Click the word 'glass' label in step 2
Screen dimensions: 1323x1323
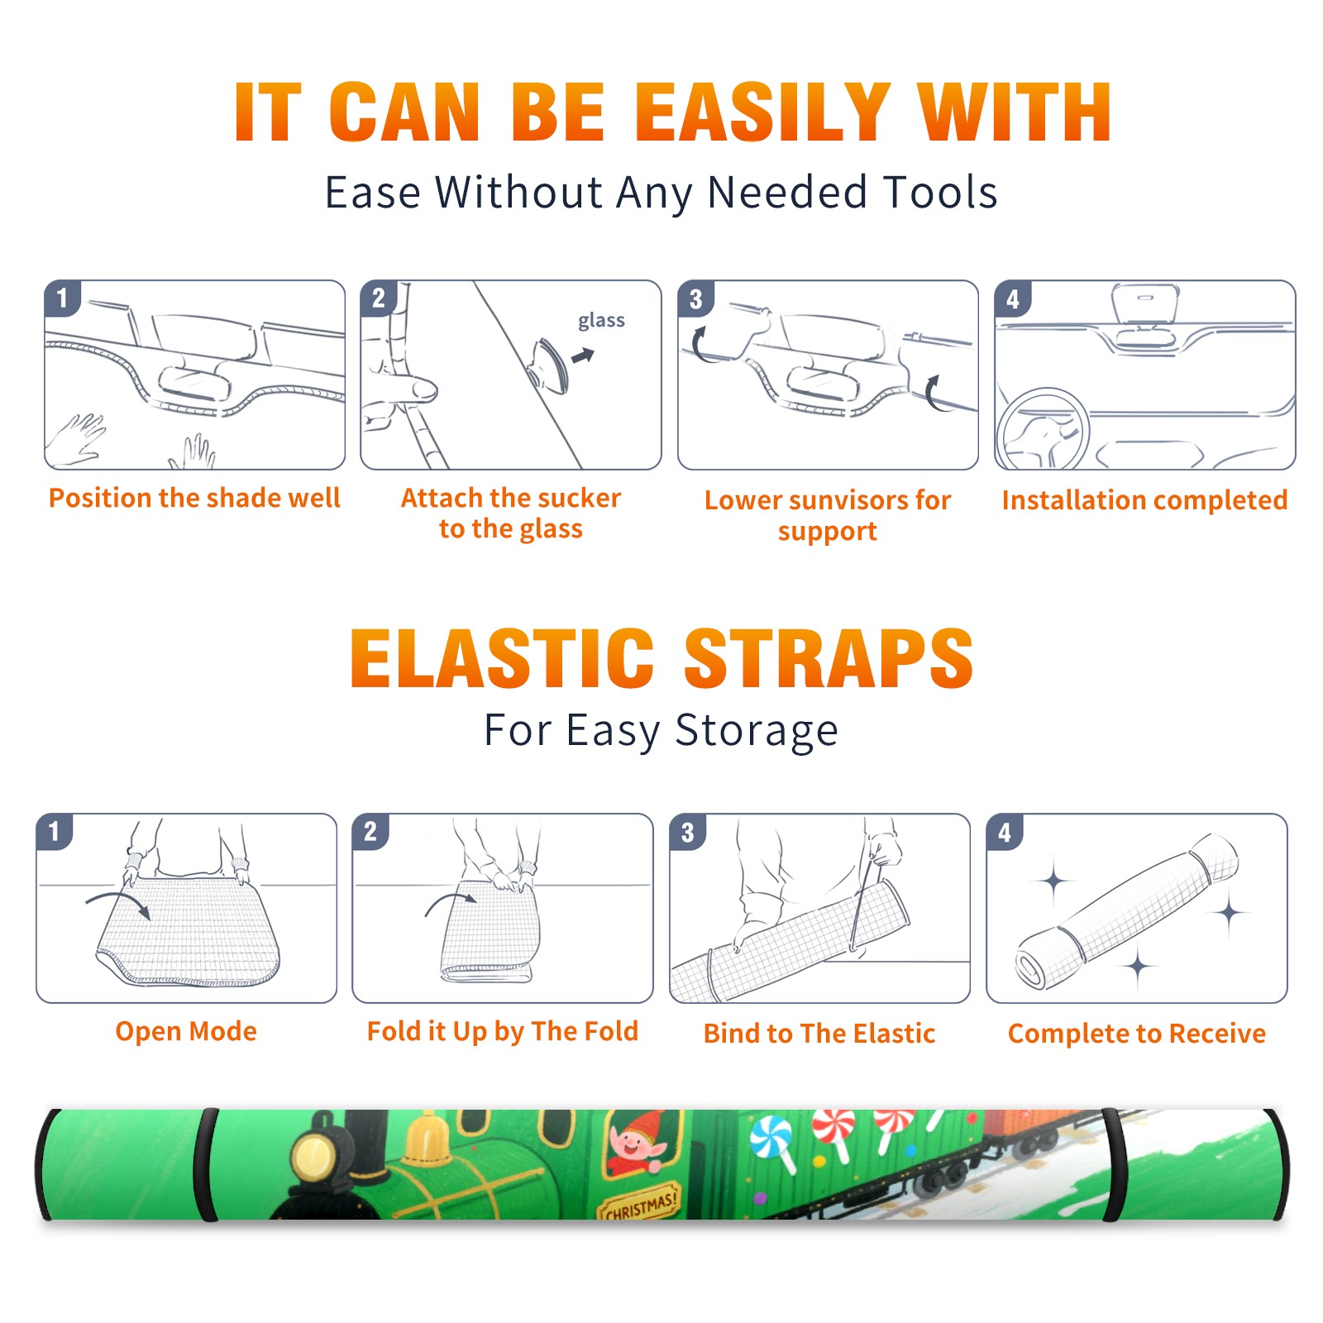[601, 321]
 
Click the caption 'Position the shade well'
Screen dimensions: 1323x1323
[194, 498]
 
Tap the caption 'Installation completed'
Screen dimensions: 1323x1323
[1144, 499]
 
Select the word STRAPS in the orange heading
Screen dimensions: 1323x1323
[829, 658]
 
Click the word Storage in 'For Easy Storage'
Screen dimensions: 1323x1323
[757, 731]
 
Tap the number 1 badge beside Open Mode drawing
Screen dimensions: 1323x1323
[55, 831]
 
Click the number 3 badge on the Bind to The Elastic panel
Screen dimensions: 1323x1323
[688, 832]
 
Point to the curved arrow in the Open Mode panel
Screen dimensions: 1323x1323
[118, 902]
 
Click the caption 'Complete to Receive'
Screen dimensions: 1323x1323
[1137, 1033]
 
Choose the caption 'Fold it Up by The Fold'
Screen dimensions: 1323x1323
[503, 1031]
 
